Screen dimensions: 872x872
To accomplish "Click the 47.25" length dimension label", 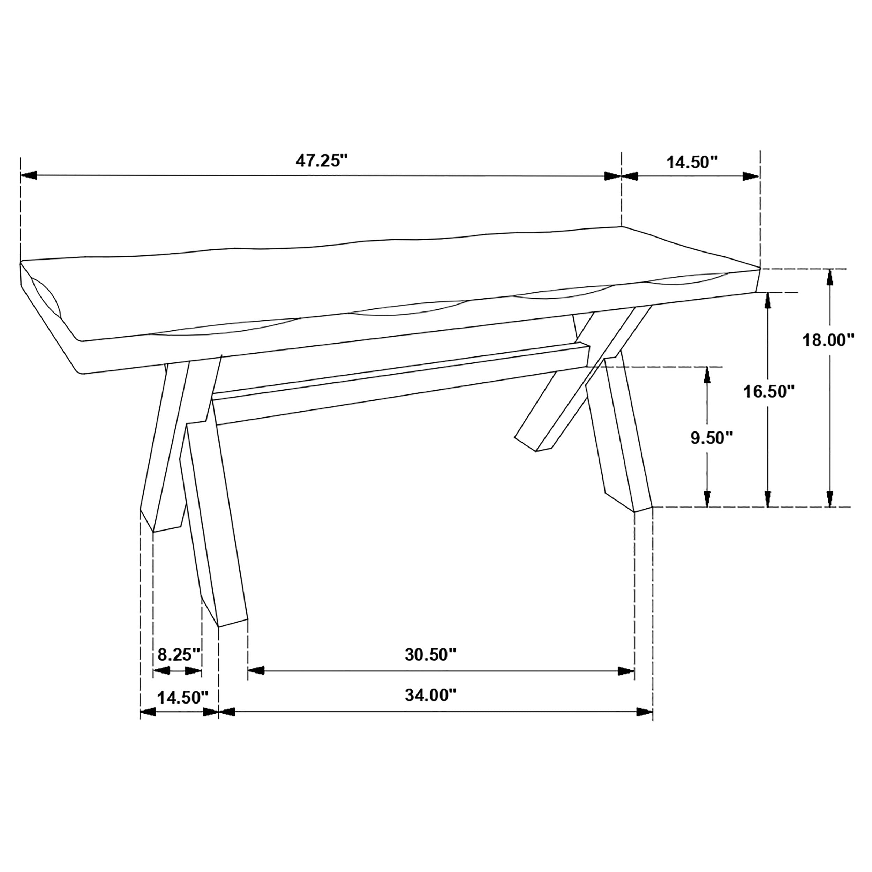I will point(322,161).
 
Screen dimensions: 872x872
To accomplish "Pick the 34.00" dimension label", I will point(430,696).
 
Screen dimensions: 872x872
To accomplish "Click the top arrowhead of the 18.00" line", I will point(829,278).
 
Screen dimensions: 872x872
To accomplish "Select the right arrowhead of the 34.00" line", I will point(645,712).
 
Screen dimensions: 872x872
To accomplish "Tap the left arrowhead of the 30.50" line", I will point(256,671).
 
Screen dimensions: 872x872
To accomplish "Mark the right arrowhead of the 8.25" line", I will point(194,671).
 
